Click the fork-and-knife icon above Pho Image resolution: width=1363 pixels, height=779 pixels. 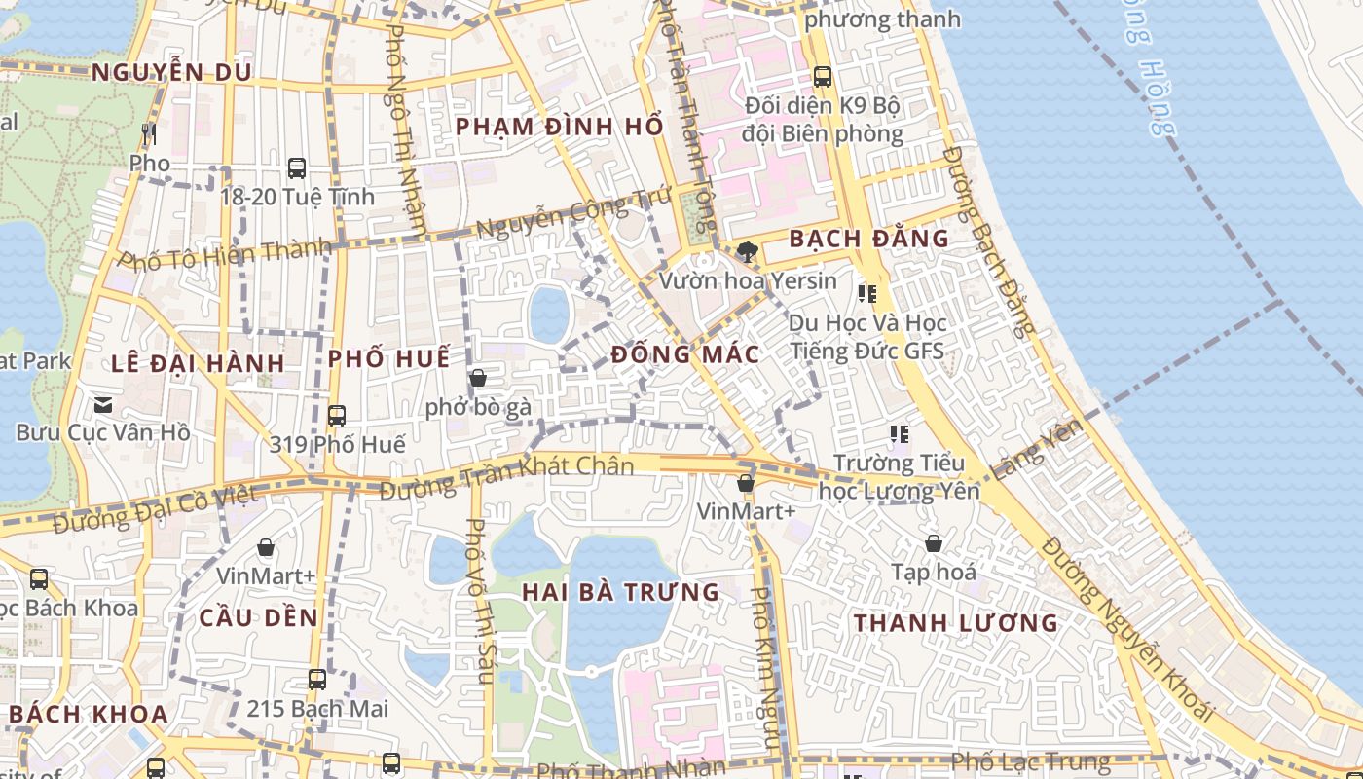click(x=149, y=133)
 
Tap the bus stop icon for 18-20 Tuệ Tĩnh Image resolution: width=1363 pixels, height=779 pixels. click(x=297, y=167)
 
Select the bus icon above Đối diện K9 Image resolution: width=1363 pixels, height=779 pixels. click(x=823, y=76)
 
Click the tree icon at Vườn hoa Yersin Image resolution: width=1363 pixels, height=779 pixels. click(x=748, y=252)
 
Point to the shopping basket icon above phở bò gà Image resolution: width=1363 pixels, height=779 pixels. click(x=478, y=378)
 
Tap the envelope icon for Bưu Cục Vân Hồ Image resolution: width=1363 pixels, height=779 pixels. click(x=103, y=404)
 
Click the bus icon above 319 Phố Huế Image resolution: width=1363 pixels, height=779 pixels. click(x=337, y=416)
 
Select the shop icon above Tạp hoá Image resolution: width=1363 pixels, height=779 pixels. click(x=934, y=543)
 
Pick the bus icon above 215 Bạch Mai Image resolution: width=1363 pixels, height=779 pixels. click(x=317, y=679)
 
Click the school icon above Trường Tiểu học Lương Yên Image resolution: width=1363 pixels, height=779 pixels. click(x=899, y=433)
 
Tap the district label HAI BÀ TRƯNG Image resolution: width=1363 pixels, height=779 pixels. click(x=620, y=592)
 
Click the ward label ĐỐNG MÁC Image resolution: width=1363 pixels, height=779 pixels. click(x=685, y=354)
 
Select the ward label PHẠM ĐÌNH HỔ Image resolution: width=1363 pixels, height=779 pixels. click(x=559, y=127)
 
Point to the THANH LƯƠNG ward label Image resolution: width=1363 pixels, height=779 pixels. click(x=955, y=623)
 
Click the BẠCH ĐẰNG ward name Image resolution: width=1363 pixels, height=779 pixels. click(x=868, y=239)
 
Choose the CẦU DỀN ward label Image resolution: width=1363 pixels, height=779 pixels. click(x=259, y=617)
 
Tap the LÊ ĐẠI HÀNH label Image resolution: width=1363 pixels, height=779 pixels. click(x=198, y=364)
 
